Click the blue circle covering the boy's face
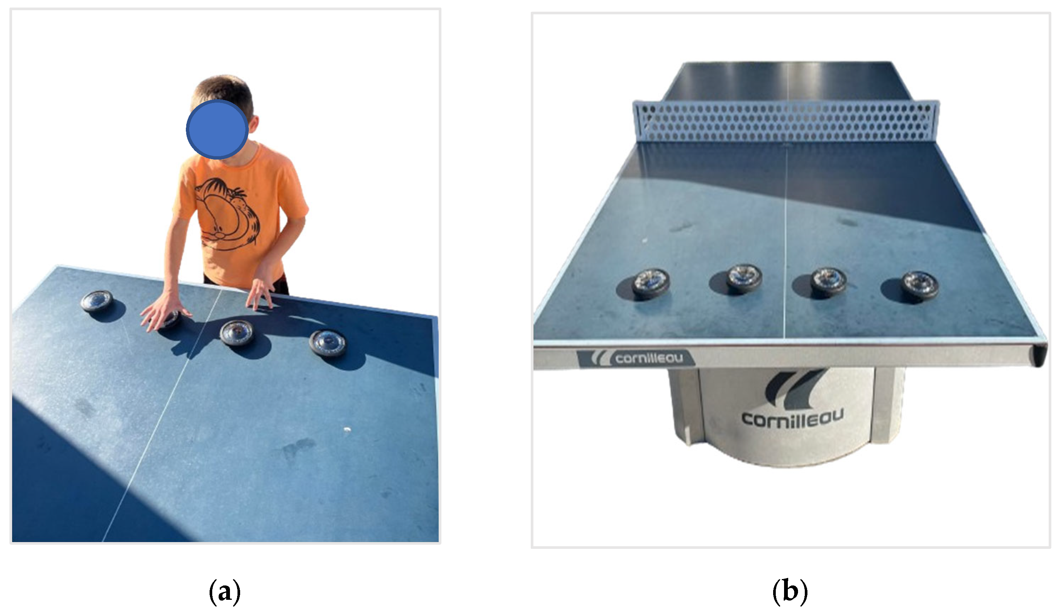tap(217, 129)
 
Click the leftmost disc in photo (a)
tap(97, 301)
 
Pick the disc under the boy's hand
tap(170, 320)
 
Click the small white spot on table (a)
tap(347, 430)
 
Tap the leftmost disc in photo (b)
tap(650, 284)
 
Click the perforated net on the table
tap(786, 121)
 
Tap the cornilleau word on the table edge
tap(649, 358)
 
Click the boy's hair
tap(223, 91)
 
